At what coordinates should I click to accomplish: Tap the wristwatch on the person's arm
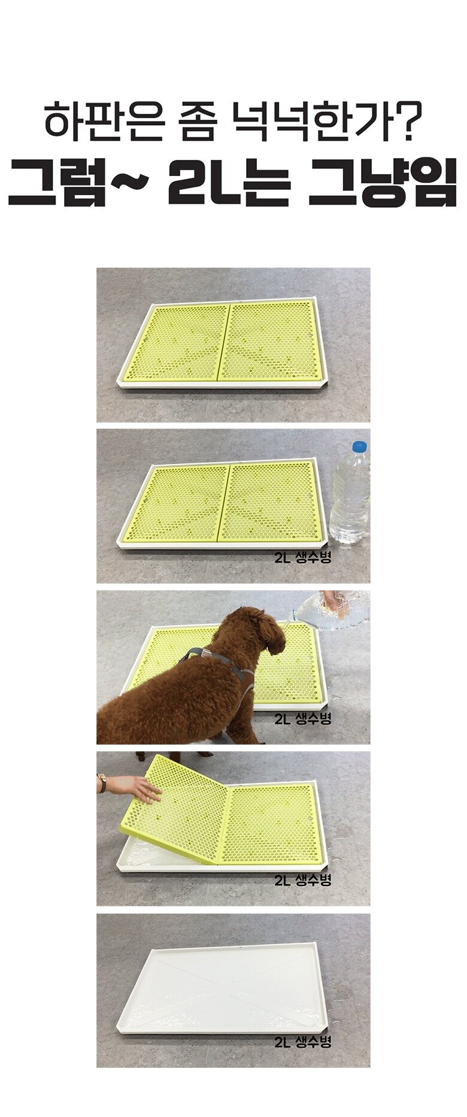tap(102, 782)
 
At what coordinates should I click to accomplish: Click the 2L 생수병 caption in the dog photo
tap(302, 719)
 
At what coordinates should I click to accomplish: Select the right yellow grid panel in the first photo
tap(272, 341)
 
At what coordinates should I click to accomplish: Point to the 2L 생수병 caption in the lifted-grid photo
tap(302, 880)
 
